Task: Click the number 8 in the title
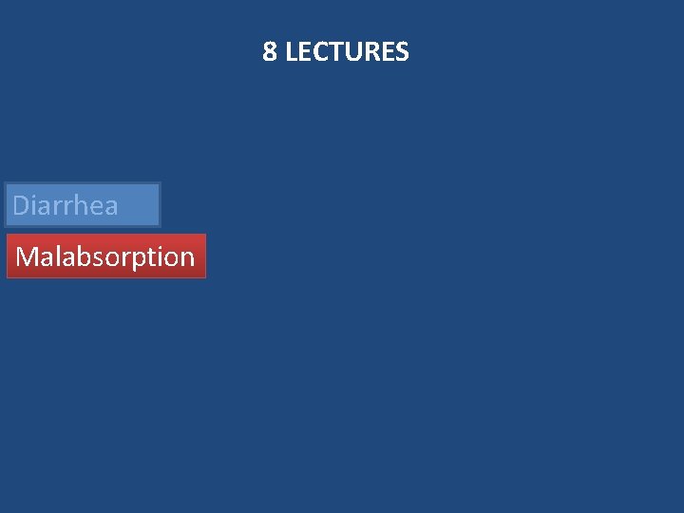(x=270, y=52)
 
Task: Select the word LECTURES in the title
(x=347, y=52)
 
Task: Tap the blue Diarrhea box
(x=83, y=205)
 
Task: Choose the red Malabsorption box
(x=105, y=256)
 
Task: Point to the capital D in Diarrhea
(x=22, y=205)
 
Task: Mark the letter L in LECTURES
(x=291, y=52)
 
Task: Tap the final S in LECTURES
(x=403, y=52)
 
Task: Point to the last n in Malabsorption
(x=186, y=257)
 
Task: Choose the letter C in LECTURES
(x=316, y=52)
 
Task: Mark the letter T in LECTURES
(x=332, y=52)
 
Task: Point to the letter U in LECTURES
(x=347, y=52)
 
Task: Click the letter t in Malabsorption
(x=155, y=256)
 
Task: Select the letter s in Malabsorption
(x=99, y=257)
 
